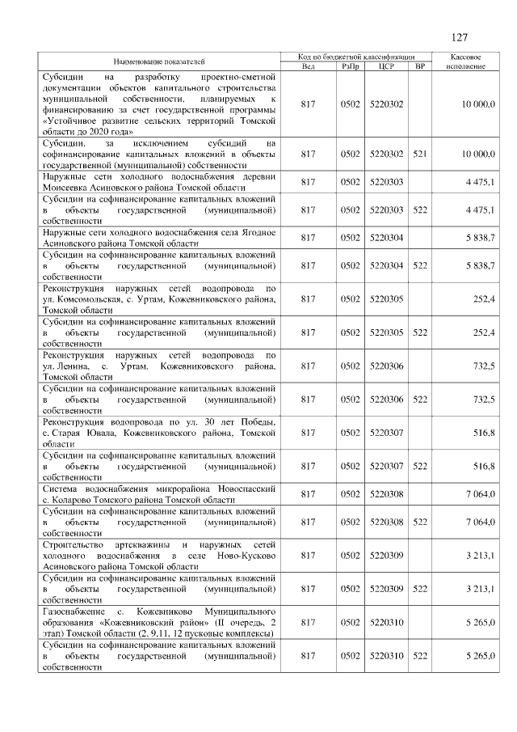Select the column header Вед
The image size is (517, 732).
pyautogui.click(x=308, y=66)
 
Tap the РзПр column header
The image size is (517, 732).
pyautogui.click(x=350, y=66)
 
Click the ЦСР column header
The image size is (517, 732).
pyautogui.click(x=385, y=66)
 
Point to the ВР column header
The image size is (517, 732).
pyautogui.click(x=419, y=66)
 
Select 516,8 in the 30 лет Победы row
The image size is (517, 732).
pyautogui.click(x=484, y=433)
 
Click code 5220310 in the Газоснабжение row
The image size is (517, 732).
pyautogui.click(x=385, y=622)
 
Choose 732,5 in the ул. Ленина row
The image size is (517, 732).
pyautogui.click(x=484, y=366)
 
